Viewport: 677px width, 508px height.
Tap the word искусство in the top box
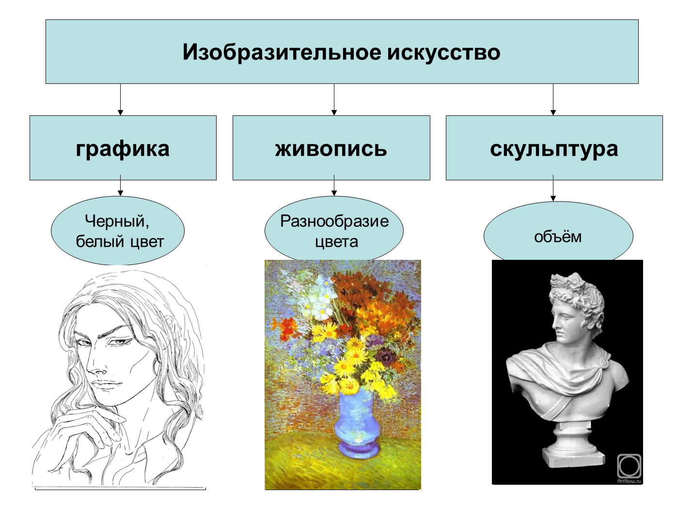coord(443,52)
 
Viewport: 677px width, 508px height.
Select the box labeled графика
coord(123,148)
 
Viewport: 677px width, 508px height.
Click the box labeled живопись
coord(331,148)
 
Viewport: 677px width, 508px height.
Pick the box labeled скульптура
coord(554,148)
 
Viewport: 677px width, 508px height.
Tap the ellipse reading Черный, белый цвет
coord(118,230)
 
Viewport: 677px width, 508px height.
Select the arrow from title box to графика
coord(120,99)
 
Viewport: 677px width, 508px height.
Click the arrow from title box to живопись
coord(334,99)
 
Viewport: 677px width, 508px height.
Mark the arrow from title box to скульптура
coord(553,99)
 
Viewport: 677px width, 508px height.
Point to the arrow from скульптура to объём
coord(553,188)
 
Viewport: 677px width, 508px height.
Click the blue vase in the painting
coord(357,423)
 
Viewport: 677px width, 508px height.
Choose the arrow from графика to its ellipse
coord(120,185)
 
